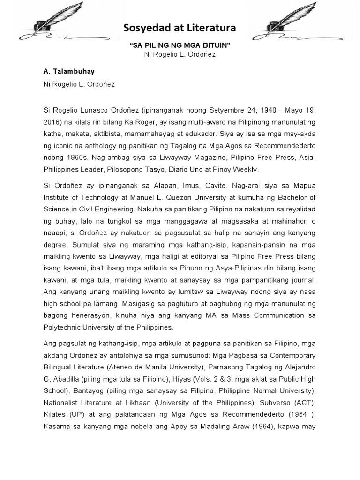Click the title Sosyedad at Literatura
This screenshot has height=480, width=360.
tap(180, 30)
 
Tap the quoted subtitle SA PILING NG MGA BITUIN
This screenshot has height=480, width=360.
tap(180, 45)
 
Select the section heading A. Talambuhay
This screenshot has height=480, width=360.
tap(68, 71)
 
